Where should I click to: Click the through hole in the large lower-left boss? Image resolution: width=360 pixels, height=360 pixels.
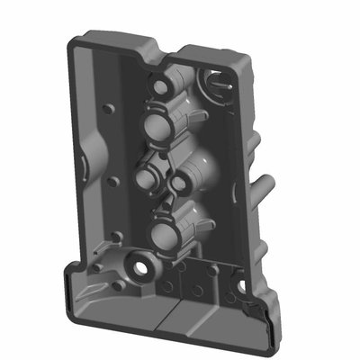[141, 266]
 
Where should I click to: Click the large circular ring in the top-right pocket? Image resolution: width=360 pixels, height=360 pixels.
[216, 83]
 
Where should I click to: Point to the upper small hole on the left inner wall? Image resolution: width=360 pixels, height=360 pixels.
[109, 109]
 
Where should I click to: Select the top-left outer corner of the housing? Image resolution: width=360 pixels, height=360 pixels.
[72, 36]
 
